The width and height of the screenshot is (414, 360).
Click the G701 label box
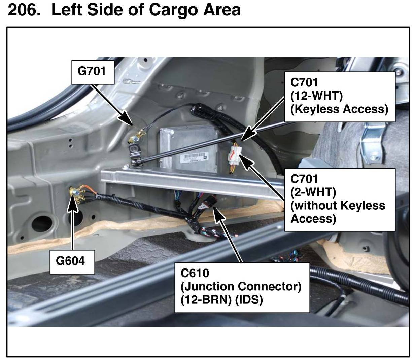(93, 72)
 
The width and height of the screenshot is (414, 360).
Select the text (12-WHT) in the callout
(316, 96)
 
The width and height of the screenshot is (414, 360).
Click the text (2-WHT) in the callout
(313, 192)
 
